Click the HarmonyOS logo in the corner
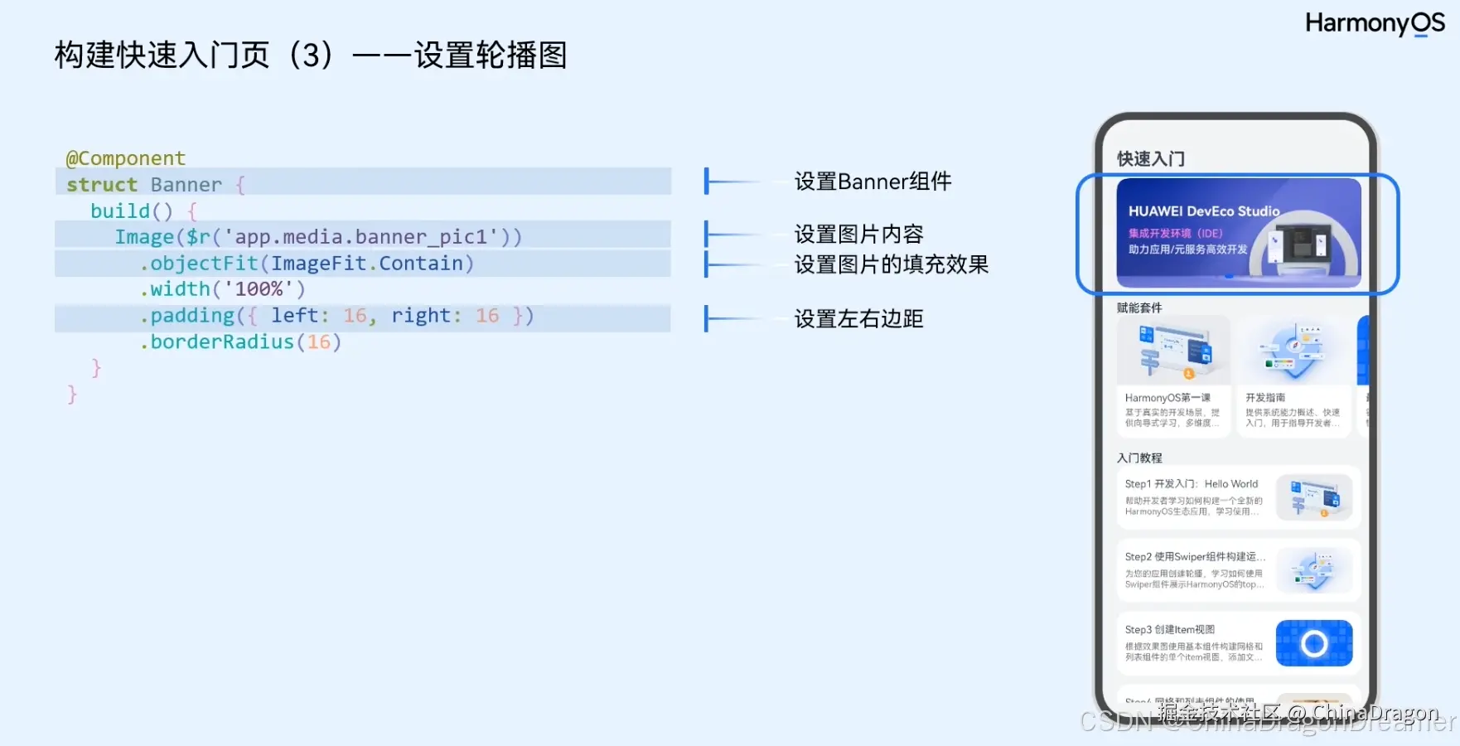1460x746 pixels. click(1374, 23)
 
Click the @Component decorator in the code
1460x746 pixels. click(125, 158)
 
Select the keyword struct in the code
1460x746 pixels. click(102, 184)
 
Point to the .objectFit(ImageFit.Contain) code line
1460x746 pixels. click(307, 264)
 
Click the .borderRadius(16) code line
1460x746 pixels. click(240, 342)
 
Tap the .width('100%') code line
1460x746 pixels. click(223, 289)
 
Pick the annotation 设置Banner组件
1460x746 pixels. click(873, 182)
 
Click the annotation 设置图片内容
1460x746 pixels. click(858, 234)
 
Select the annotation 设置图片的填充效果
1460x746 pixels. click(891, 264)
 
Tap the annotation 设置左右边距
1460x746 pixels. click(858, 319)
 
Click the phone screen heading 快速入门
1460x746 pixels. click(1150, 158)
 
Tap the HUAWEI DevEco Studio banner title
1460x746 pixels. click(1203, 211)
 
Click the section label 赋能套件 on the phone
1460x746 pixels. click(1139, 308)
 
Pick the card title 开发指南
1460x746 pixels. click(1265, 398)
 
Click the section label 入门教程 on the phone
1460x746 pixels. click(1139, 458)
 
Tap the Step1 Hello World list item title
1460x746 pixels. click(1191, 484)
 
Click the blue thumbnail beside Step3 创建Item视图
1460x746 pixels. click(1313, 643)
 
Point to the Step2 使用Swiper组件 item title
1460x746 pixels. click(1194, 557)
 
